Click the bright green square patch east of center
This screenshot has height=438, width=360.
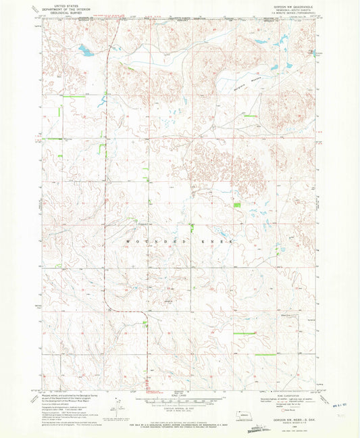[236, 205]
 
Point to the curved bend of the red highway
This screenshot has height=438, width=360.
[143, 313]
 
